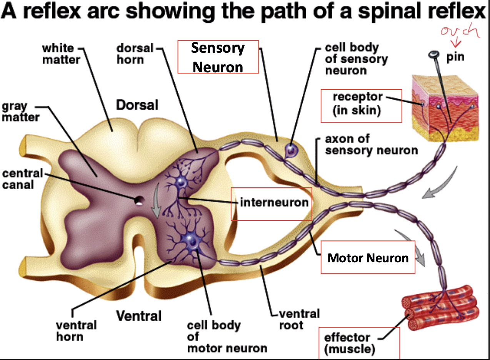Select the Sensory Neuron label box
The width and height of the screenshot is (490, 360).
click(x=218, y=57)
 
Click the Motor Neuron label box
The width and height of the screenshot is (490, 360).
click(x=368, y=257)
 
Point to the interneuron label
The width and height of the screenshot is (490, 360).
click(x=274, y=202)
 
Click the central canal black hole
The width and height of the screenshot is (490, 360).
click(x=139, y=200)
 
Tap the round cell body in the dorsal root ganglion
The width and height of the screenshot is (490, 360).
click(x=290, y=149)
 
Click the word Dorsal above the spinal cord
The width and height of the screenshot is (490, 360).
click(x=137, y=105)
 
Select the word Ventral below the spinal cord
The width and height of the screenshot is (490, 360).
click(x=139, y=316)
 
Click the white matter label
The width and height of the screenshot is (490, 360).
click(x=58, y=54)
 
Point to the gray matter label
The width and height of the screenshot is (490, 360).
click(x=20, y=112)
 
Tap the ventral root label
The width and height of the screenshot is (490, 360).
click(x=299, y=319)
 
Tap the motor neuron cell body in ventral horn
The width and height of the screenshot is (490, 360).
click(x=193, y=241)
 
